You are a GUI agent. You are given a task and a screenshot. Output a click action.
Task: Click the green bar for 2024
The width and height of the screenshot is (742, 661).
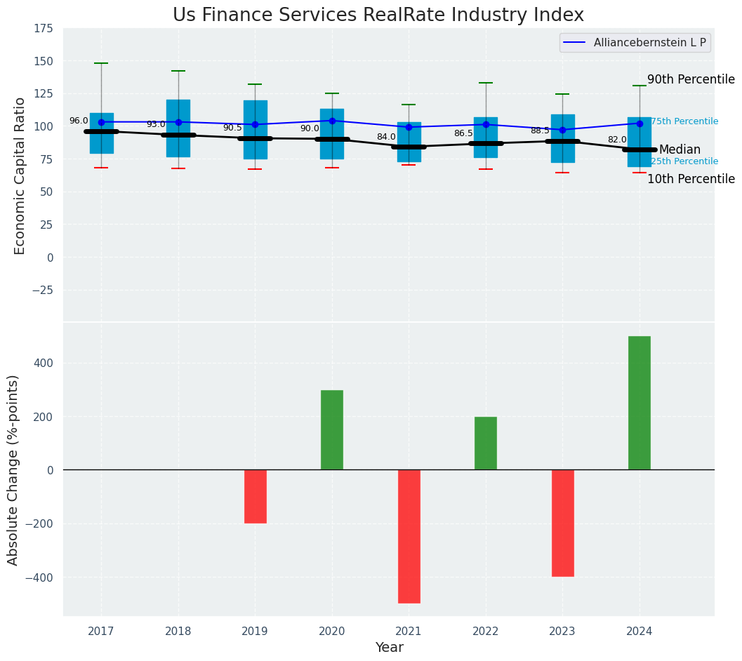(639, 403)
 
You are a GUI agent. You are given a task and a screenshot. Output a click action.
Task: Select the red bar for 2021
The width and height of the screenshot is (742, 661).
(409, 536)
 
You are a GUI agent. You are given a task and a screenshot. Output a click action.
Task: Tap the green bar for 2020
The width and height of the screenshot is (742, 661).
(332, 429)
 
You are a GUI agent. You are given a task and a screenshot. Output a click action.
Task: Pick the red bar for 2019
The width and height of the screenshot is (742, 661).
(255, 496)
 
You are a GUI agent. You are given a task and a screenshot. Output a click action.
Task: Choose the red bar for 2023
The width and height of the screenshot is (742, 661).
(562, 523)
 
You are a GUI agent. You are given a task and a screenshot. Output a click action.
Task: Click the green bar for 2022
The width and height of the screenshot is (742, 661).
(485, 443)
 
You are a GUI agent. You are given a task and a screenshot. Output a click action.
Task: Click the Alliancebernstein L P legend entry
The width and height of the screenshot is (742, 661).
(635, 43)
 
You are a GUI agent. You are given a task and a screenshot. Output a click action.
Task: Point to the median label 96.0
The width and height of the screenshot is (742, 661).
(79, 121)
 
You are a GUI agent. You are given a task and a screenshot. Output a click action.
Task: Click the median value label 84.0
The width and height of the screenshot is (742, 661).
(386, 138)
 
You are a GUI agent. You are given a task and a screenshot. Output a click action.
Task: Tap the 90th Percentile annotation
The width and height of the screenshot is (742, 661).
(691, 80)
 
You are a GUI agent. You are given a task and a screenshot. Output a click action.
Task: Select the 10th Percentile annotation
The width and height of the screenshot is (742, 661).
(691, 180)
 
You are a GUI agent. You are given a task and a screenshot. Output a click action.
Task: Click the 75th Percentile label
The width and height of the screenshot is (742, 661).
(684, 121)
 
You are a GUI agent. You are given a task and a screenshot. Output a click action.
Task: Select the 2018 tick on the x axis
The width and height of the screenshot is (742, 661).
(178, 632)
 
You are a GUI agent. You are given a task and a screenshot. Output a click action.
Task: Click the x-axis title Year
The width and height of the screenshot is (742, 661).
(389, 648)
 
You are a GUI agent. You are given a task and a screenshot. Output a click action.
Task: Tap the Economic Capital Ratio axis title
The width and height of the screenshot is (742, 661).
(20, 175)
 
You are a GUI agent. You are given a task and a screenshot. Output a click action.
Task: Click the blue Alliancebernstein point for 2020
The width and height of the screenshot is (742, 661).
(332, 121)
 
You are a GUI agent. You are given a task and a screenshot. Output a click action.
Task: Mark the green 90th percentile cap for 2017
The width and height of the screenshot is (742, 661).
(101, 63)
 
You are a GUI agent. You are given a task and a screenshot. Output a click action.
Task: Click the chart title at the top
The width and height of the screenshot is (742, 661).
(378, 15)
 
